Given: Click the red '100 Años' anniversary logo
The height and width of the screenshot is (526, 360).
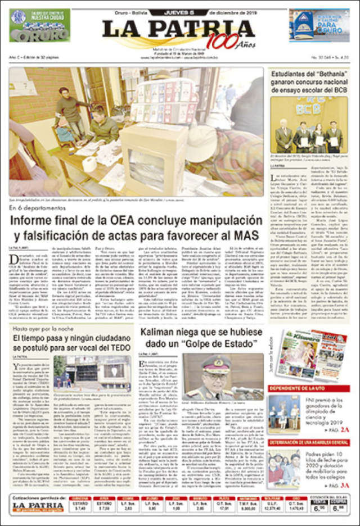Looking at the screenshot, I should coord(222,41).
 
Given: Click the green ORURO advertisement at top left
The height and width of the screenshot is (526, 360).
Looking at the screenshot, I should coord(39,26).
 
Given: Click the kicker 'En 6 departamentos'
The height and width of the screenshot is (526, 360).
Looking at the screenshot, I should coord(37,207).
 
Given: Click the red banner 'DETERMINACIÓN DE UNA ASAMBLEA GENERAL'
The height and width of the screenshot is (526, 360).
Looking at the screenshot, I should coord(308,443).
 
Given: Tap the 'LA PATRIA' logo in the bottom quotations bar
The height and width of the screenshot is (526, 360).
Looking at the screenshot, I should coord(38,506).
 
